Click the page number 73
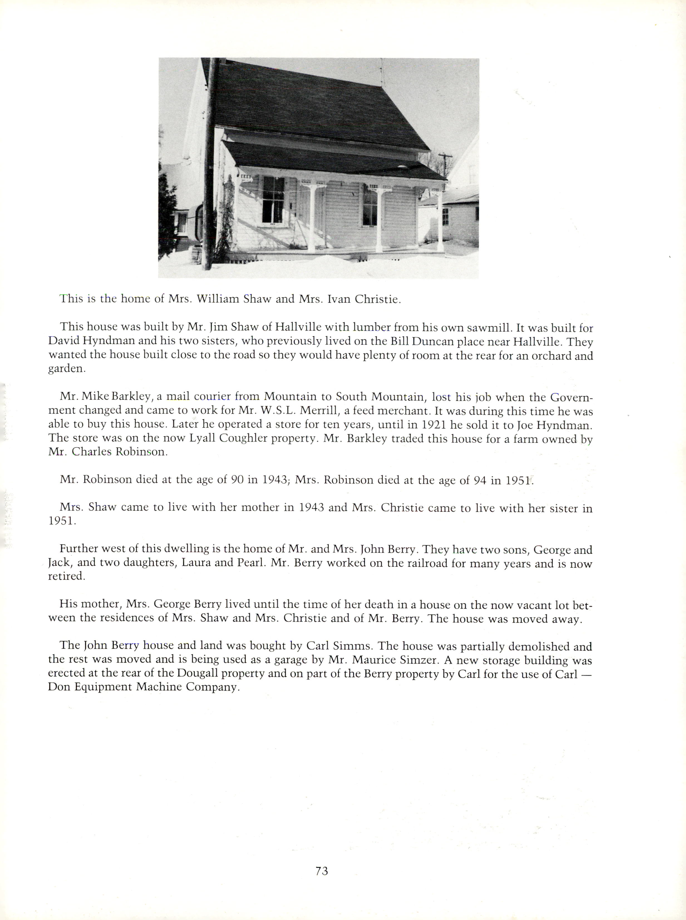click(x=322, y=870)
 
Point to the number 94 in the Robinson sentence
click(x=474, y=480)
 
